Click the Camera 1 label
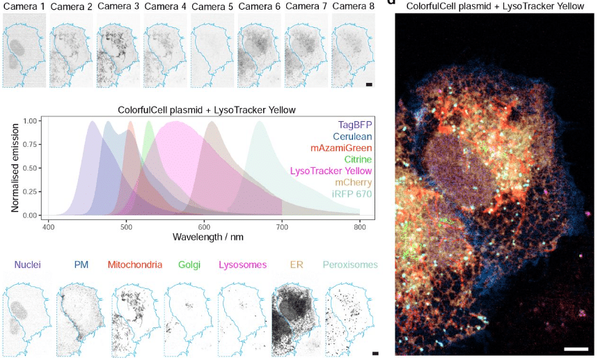point(24,7)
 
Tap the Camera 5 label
point(212,7)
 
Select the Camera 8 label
point(353,7)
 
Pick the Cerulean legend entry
point(352,136)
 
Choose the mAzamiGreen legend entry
point(343,148)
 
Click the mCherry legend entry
point(354,182)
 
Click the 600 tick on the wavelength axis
point(203,227)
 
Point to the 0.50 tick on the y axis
point(31,168)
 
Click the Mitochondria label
point(136,265)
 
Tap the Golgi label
point(190,265)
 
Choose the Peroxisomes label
point(352,265)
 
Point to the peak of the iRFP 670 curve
point(260,121)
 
